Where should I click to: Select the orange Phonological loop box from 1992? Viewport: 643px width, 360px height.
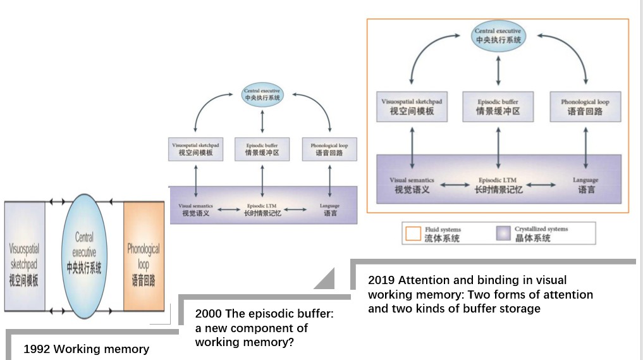click(x=144, y=256)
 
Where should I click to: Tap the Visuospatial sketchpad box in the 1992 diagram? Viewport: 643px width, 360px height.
click(x=25, y=256)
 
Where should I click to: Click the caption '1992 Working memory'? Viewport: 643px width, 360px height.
click(x=87, y=349)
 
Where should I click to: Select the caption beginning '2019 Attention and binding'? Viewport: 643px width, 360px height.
click(x=481, y=294)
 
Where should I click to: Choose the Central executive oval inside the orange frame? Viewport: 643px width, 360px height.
click(x=498, y=35)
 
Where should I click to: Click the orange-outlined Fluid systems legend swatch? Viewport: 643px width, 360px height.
click(x=413, y=233)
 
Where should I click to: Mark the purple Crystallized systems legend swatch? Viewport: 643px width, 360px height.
click(x=504, y=233)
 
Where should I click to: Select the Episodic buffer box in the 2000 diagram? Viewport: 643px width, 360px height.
click(x=262, y=149)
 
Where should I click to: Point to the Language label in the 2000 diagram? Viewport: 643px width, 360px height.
click(x=330, y=209)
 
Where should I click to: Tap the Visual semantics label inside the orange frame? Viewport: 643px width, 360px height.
click(x=412, y=185)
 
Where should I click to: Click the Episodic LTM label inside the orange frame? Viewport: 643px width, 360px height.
click(x=498, y=185)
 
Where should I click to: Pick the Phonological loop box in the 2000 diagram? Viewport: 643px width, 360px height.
click(x=329, y=149)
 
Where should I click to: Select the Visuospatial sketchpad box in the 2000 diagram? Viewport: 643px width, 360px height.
click(x=196, y=149)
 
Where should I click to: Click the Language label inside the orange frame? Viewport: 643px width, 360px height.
click(x=585, y=185)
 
